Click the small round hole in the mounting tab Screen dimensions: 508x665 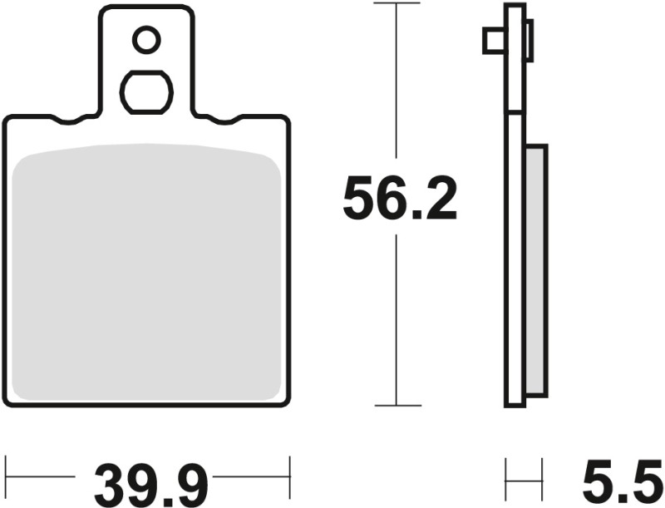[x=147, y=39]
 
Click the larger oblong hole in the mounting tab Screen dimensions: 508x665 [x=147, y=91]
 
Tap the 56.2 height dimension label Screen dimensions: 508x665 [x=400, y=200]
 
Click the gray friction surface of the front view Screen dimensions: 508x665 [x=148, y=274]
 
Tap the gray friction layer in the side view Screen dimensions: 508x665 [x=537, y=270]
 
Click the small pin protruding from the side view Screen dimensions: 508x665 [x=492, y=41]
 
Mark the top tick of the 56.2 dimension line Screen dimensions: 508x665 [x=397, y=4]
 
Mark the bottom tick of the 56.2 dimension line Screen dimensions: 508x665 [x=397, y=406]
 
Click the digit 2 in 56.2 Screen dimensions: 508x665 [x=439, y=200]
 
